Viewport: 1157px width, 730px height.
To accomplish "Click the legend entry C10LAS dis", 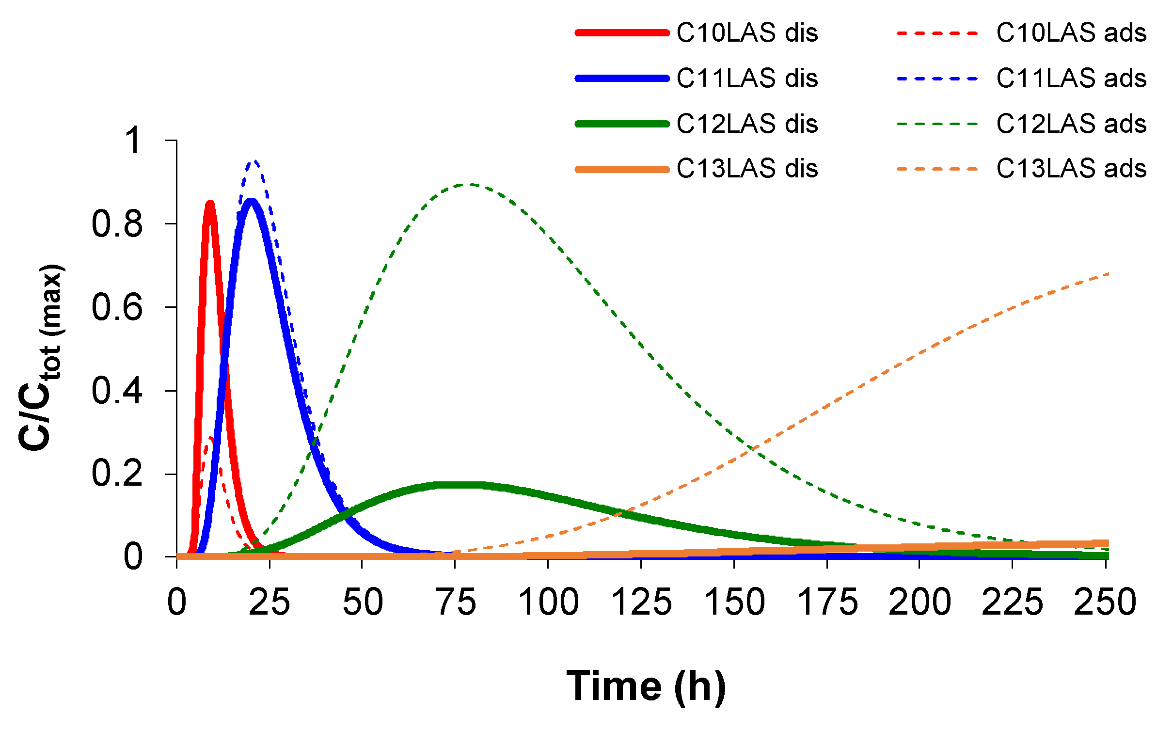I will (x=746, y=33).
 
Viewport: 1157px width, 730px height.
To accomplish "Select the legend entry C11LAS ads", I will (x=1071, y=78).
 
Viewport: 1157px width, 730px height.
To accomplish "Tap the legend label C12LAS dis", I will (x=746, y=124).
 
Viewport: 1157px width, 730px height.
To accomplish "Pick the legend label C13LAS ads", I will (x=1071, y=169).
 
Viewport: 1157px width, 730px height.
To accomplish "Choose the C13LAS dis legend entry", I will (x=746, y=169).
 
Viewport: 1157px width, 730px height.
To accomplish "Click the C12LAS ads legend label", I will (x=1071, y=124).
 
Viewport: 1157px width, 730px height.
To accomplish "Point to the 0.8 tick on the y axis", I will (x=117, y=224).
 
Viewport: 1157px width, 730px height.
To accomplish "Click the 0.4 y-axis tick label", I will (x=117, y=391).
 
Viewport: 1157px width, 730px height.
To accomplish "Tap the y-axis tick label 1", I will (x=133, y=141).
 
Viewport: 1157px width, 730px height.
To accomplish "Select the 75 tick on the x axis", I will (x=456, y=602).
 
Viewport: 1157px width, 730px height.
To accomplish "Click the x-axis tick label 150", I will (x=734, y=602).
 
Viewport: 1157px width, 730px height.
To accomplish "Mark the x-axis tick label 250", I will (x=1105, y=602).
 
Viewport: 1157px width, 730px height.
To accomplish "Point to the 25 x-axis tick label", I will (x=269, y=602).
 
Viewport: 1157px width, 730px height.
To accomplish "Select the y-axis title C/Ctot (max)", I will (x=41, y=357).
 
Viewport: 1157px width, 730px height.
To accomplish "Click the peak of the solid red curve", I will (x=210, y=204).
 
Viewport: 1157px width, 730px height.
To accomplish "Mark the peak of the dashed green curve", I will (x=470, y=184).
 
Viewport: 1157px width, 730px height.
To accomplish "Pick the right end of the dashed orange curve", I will (x=1108, y=274).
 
